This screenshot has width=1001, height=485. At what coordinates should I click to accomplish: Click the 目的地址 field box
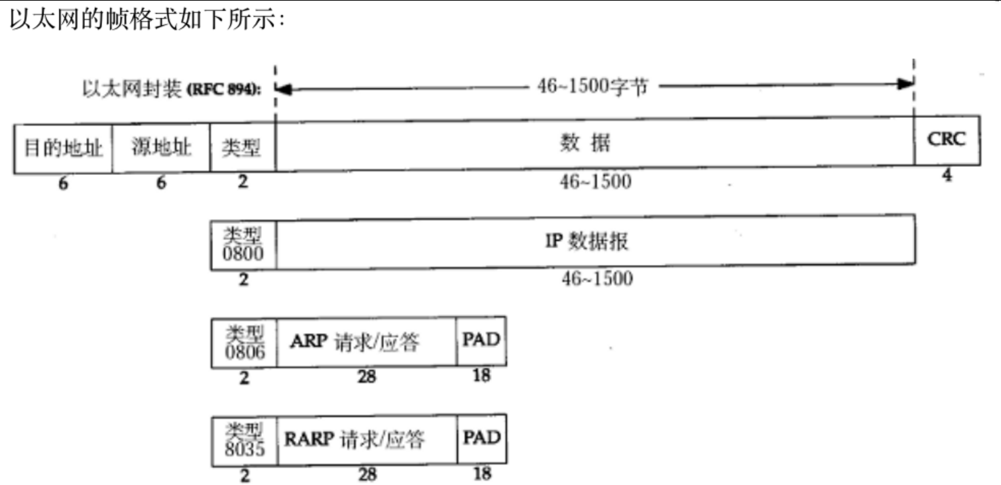point(63,148)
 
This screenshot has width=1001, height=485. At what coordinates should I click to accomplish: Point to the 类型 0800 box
point(243,243)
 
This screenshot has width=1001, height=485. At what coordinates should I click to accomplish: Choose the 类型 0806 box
point(244,343)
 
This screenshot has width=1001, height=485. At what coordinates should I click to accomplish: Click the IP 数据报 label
point(587,241)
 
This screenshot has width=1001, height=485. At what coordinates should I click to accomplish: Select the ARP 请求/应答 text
point(355,342)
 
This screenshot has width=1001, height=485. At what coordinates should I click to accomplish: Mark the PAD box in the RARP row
point(481,438)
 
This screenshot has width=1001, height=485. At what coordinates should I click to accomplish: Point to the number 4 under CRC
point(947,175)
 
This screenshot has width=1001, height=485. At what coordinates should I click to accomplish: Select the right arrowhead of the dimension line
point(906,84)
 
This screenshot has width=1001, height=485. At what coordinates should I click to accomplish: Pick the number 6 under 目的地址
point(63,184)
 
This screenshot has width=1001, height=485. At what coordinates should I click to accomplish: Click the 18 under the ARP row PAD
point(481,375)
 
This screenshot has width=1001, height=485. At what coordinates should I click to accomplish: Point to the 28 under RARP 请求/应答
point(367,474)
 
